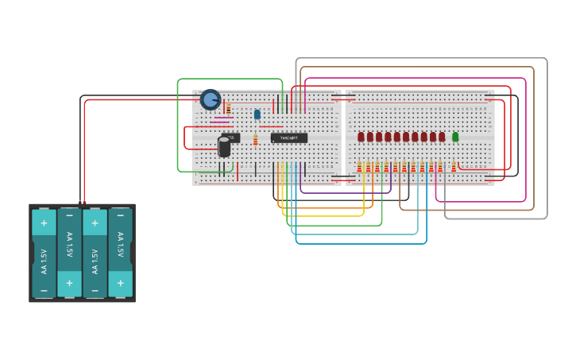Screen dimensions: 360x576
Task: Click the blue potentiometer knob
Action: click(x=211, y=99)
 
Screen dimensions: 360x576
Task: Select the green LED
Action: click(x=455, y=137)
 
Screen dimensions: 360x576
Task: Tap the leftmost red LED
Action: click(x=361, y=137)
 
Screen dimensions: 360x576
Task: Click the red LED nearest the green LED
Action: click(x=442, y=137)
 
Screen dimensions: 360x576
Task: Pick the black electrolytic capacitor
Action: click(x=224, y=147)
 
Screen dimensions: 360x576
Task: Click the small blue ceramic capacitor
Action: click(x=257, y=114)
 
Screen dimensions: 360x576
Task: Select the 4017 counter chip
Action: click(x=288, y=137)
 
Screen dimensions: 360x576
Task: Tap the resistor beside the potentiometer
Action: click(x=228, y=107)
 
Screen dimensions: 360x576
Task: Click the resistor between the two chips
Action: click(x=255, y=140)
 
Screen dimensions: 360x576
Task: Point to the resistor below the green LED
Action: click(x=454, y=166)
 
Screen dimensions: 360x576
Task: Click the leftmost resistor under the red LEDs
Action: click(x=359, y=166)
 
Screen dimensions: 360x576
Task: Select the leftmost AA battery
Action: click(x=44, y=253)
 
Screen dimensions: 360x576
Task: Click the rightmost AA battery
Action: click(x=120, y=253)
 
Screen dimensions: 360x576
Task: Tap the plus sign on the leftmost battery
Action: click(x=44, y=223)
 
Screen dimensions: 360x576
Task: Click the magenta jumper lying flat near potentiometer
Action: click(x=223, y=118)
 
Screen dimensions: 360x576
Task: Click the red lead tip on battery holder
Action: click(x=84, y=203)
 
